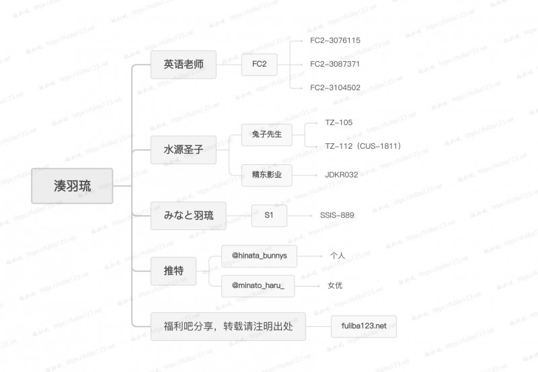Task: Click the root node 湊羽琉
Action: click(72, 186)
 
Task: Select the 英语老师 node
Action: click(184, 65)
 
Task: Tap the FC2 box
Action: click(259, 65)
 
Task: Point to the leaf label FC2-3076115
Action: click(335, 40)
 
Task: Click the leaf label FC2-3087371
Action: click(335, 64)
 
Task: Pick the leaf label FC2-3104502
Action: click(335, 87)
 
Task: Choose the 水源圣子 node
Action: click(184, 150)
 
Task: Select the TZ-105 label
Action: click(338, 122)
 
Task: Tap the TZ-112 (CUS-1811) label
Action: click(362, 146)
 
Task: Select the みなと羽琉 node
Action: click(188, 215)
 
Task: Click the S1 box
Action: click(269, 215)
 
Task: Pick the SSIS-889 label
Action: click(338, 215)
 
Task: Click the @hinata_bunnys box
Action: click(259, 256)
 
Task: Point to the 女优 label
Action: click(335, 286)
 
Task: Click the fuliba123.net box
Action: click(364, 326)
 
